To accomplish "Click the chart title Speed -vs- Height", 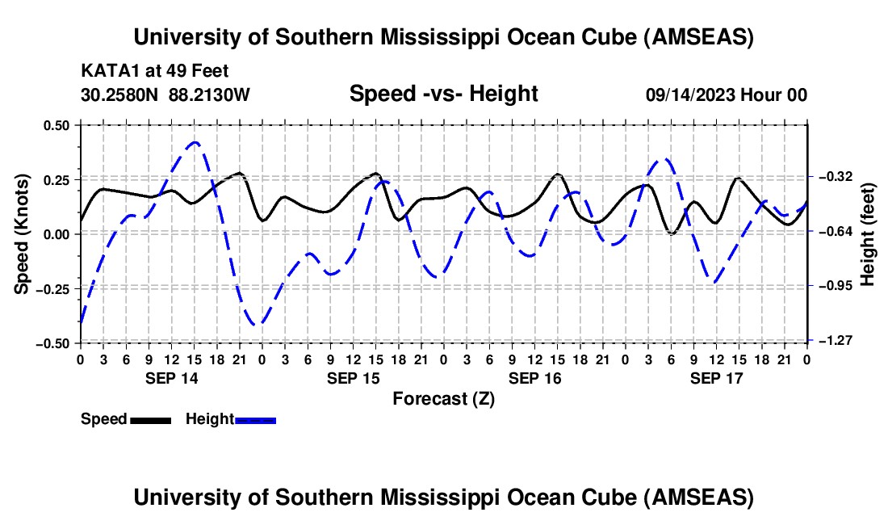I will pyautogui.click(x=443, y=94).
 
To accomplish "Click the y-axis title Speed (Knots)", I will pyautogui.click(x=23, y=233).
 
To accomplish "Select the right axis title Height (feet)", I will pyautogui.click(x=868, y=233).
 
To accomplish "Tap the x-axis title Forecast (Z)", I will pyautogui.click(x=443, y=398).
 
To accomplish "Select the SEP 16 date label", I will pyautogui.click(x=534, y=378).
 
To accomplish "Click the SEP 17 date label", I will pyautogui.click(x=716, y=378).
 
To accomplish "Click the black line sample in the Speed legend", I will pyautogui.click(x=151, y=419).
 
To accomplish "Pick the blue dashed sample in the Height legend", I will pyautogui.click(x=256, y=419).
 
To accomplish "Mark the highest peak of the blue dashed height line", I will pyautogui.click(x=194, y=142).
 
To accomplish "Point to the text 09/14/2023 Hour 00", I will pyautogui.click(x=726, y=94).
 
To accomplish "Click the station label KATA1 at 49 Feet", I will pyautogui.click(x=144, y=71).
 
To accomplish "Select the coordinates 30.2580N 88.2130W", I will pyautogui.click(x=165, y=94).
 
